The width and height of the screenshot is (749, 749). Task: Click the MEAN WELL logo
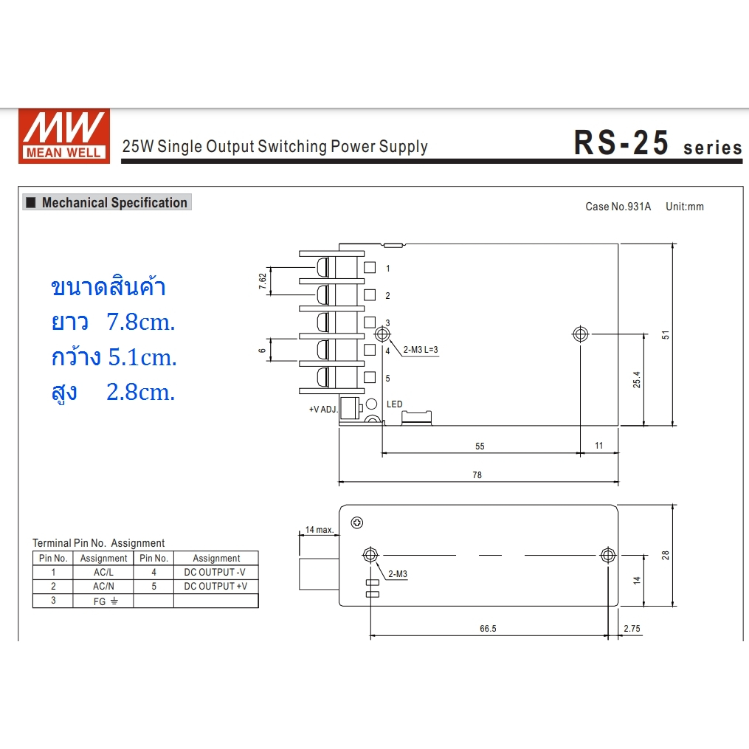[64, 136]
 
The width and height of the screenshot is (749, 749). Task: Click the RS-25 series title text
[657, 144]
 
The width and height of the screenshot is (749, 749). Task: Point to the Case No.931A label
[618, 207]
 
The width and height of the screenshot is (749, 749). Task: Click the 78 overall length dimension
[477, 475]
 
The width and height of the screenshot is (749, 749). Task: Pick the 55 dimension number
[480, 446]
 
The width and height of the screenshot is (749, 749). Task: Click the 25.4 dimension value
[637, 379]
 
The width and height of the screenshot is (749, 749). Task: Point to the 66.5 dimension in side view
[488, 629]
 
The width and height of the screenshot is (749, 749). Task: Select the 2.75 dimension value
[632, 629]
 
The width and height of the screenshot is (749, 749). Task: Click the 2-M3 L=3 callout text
[421, 350]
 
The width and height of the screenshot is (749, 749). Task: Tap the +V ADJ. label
[322, 409]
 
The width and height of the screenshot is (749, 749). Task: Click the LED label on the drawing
[395, 404]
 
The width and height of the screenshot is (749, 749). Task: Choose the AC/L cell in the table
[103, 572]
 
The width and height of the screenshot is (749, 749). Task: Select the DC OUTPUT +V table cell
[215, 586]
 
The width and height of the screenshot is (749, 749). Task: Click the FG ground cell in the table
[103, 601]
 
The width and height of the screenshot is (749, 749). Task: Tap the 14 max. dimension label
[319, 530]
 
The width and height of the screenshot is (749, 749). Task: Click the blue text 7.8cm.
[141, 322]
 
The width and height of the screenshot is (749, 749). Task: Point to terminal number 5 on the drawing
[387, 379]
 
